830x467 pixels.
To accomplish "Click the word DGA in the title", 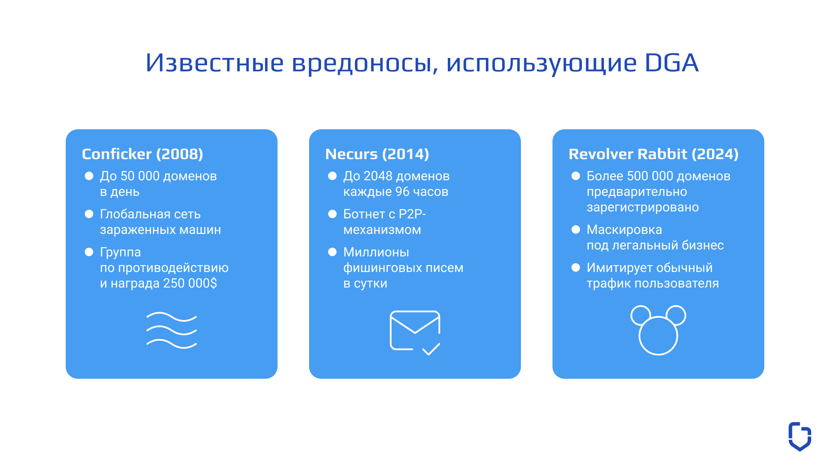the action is coord(671,63).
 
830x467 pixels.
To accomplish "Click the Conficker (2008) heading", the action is coord(142,154).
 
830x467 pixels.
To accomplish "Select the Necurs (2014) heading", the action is coord(377,154).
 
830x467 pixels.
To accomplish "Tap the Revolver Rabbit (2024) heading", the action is coord(653,154).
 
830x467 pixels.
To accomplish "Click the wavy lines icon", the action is coord(172,330).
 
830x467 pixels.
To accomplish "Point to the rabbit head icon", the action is coord(658,330).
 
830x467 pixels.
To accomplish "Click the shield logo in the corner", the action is coord(800,436).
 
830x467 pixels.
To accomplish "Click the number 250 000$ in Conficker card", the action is coord(190,283).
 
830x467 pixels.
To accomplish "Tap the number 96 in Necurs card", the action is coord(402,192).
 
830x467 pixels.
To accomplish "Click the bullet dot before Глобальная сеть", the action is coord(89,214).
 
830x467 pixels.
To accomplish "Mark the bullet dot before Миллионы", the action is coord(332,252).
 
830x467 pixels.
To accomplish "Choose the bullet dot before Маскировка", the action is coord(576,230).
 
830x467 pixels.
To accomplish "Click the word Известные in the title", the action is coord(214,63).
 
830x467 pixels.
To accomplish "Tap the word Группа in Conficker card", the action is coord(120,253).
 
